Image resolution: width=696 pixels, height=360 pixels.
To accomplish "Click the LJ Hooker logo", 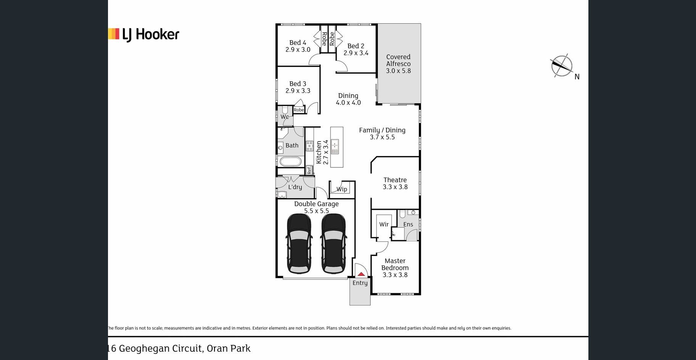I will [144, 35].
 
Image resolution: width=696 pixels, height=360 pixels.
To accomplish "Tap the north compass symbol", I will [562, 66].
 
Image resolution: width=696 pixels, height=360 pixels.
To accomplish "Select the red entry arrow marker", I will [361, 274].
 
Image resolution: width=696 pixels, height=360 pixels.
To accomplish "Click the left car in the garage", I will [299, 244].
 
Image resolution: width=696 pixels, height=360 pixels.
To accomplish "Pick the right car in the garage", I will [333, 244].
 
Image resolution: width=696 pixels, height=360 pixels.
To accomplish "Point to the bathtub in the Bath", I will [290, 161].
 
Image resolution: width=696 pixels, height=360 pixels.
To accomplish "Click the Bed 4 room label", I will [298, 46].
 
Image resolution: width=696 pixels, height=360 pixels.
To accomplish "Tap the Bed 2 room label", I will [356, 50].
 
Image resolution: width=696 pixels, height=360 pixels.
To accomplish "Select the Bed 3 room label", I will [298, 87].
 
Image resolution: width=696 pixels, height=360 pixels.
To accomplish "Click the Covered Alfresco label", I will [398, 64].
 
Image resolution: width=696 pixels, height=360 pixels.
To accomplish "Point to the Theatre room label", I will [395, 183].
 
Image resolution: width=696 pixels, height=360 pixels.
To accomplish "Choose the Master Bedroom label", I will [395, 268].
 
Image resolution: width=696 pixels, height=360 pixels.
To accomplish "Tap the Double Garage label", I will [316, 207].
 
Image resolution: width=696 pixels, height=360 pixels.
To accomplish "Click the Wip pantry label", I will [342, 189].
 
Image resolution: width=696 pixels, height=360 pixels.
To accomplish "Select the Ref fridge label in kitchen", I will [309, 170].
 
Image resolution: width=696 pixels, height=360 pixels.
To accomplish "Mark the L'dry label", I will [295, 187].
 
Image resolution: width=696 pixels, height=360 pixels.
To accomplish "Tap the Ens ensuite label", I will [408, 225].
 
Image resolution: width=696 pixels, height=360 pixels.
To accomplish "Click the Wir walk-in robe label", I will [384, 224].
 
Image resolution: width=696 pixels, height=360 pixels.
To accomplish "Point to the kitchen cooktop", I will [309, 146].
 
